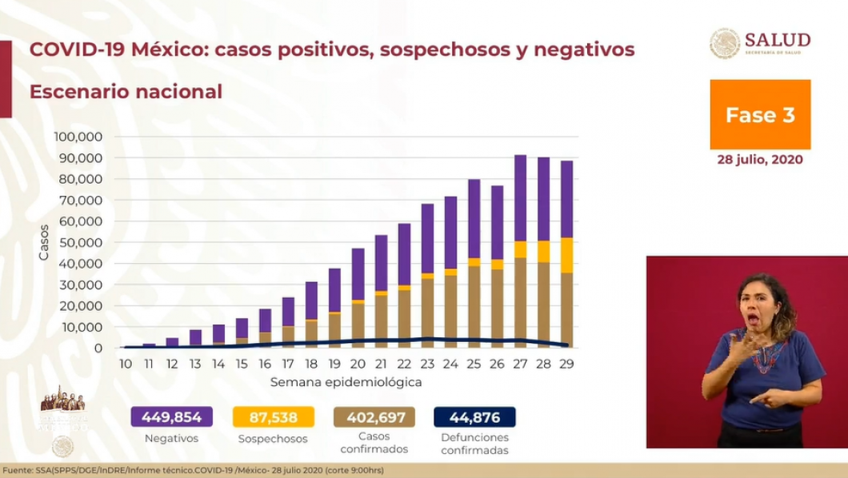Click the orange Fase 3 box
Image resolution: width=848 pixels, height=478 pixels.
click(759, 114)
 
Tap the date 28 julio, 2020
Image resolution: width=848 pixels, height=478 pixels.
click(759, 160)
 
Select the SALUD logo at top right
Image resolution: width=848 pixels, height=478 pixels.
click(760, 43)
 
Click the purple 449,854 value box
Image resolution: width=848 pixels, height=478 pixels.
click(172, 417)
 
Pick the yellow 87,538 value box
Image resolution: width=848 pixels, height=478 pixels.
click(273, 417)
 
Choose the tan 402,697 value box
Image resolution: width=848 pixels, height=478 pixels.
click(374, 417)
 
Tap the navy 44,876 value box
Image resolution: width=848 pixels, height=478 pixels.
click(474, 417)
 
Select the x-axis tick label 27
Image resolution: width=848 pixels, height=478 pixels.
click(520, 363)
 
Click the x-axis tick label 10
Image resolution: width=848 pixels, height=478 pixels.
click(126, 363)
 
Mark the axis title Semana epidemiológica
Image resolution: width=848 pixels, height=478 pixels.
click(346, 382)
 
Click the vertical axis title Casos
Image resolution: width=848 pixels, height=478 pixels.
click(44, 242)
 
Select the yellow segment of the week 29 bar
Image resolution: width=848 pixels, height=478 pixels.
click(566, 255)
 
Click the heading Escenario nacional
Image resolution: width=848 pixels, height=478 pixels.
click(126, 92)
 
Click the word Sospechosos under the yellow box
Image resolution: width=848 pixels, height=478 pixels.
click(273, 439)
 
